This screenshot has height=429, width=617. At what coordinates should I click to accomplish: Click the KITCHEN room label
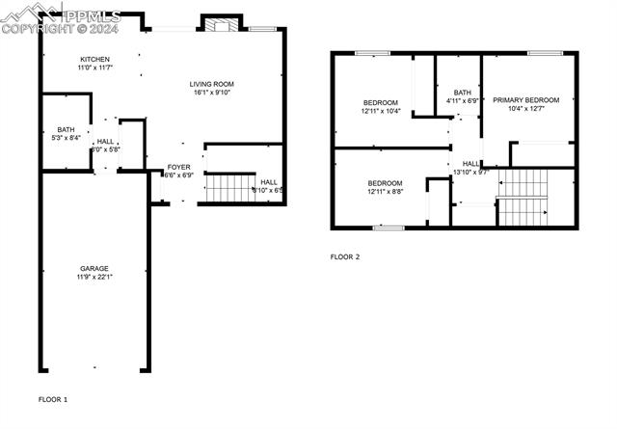pyautogui.click(x=94, y=59)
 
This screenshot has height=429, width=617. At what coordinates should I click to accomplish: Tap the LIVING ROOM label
pyautogui.click(x=211, y=84)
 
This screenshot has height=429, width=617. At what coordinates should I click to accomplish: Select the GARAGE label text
pyautogui.click(x=94, y=268)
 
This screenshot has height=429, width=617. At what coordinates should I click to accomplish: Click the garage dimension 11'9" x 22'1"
pyautogui.click(x=94, y=279)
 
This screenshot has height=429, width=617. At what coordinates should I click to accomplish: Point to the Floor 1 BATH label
pyautogui.click(x=66, y=129)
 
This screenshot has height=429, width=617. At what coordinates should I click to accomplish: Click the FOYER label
pyautogui.click(x=179, y=167)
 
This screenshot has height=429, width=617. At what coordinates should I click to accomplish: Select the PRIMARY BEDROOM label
pyautogui.click(x=525, y=99)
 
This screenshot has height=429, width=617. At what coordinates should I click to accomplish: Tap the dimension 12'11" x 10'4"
pyautogui.click(x=381, y=112)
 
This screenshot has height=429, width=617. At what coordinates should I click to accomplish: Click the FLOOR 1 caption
pyautogui.click(x=53, y=398)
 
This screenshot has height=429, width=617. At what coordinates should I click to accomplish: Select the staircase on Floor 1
pyautogui.click(x=229, y=186)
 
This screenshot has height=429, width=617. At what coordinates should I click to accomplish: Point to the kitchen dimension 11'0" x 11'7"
pyautogui.click(x=94, y=68)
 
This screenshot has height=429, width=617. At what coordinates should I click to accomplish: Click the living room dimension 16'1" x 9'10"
pyautogui.click(x=211, y=94)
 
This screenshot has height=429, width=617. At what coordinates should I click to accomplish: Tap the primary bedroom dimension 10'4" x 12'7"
pyautogui.click(x=525, y=109)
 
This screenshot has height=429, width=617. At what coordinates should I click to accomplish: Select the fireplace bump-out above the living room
pyautogui.click(x=221, y=24)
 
